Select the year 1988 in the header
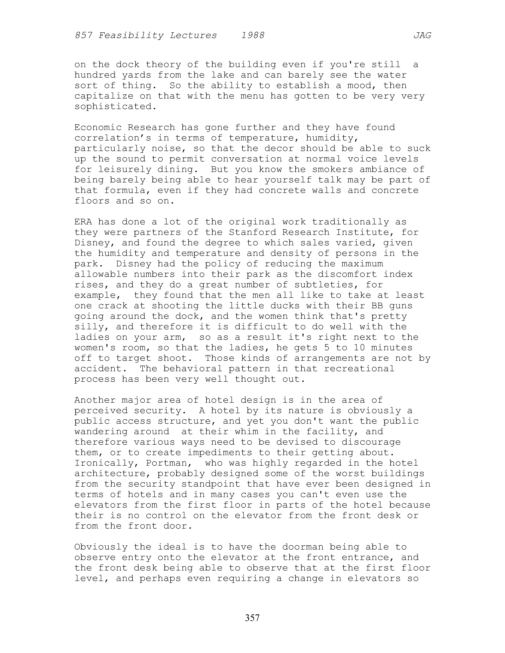tap(253, 36)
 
